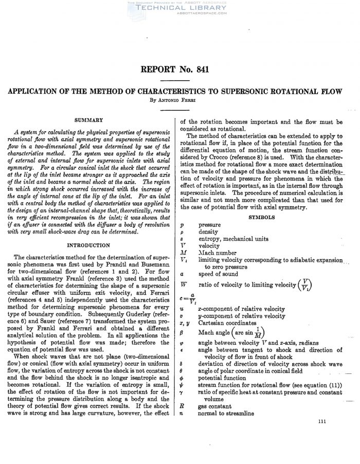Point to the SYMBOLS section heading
[x=262, y=218]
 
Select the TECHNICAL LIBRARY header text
[x=179, y=8]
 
